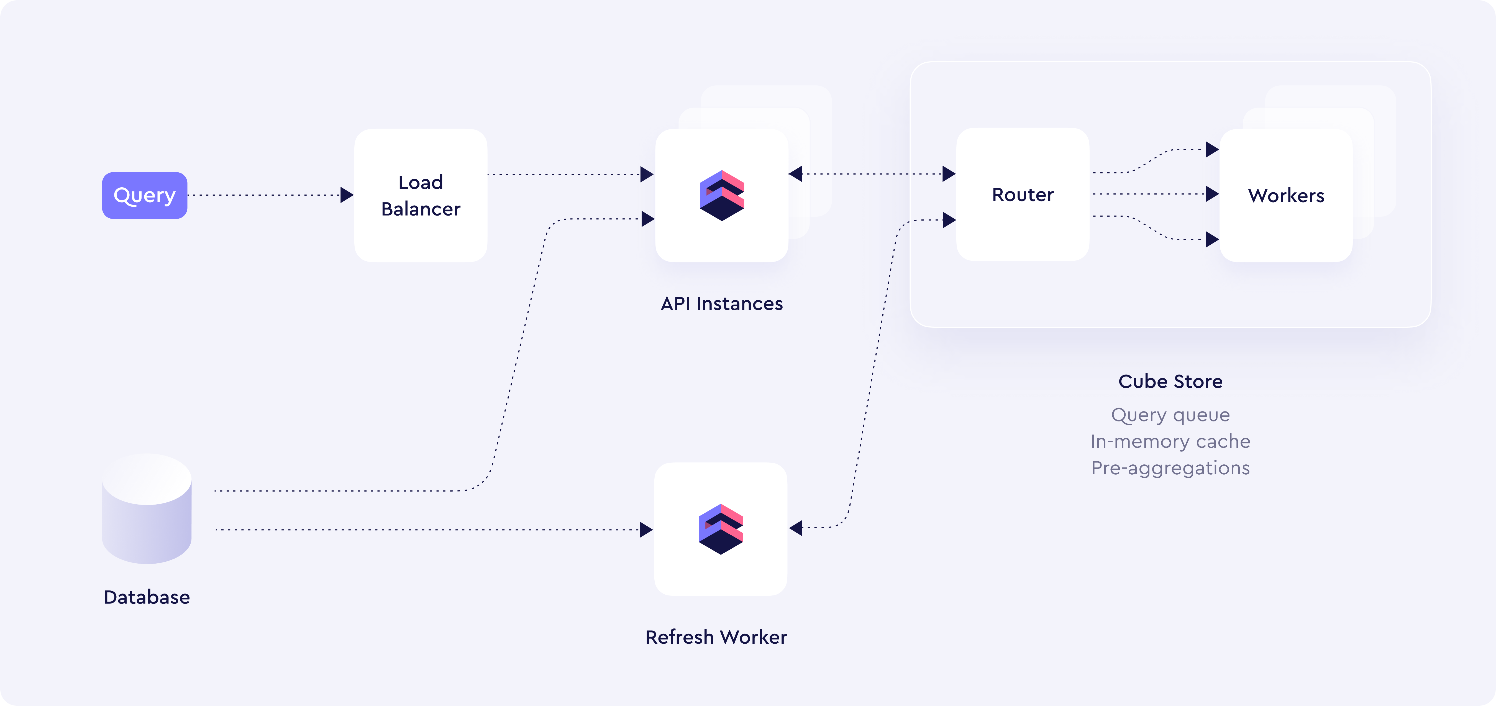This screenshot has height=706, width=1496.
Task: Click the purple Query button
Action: (145, 195)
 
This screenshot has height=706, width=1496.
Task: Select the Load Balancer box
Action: (421, 195)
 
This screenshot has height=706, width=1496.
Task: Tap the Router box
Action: (1022, 195)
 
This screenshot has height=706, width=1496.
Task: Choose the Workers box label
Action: (1286, 196)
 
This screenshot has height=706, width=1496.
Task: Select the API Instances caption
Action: (721, 304)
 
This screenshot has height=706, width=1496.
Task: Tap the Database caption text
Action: (147, 597)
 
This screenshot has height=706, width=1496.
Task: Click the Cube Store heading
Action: (1170, 382)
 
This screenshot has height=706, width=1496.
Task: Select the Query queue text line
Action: (1170, 415)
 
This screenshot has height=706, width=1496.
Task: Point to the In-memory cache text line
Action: (1170, 442)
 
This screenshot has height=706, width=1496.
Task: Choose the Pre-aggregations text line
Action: (1170, 468)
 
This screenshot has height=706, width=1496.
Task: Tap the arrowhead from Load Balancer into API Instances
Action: (646, 174)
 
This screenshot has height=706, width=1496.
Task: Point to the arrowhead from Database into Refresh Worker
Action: (646, 529)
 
